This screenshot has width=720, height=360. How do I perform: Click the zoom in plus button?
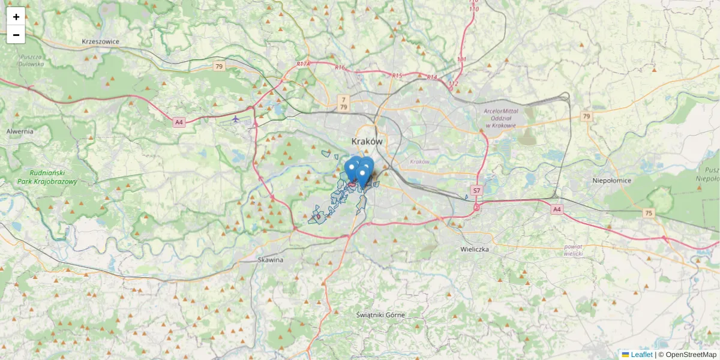[x=16, y=16]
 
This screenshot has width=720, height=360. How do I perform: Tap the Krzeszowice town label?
[x=101, y=41]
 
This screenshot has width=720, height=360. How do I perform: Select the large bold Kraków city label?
[x=367, y=141]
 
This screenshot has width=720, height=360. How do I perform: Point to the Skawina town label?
[x=270, y=260]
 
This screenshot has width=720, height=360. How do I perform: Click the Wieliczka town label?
[x=475, y=248]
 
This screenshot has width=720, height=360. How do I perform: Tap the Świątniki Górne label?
[x=380, y=314]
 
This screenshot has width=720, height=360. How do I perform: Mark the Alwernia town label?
[x=20, y=131]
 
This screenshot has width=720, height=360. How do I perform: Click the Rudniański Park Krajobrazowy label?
[x=47, y=177]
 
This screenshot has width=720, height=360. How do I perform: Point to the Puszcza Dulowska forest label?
[x=31, y=60]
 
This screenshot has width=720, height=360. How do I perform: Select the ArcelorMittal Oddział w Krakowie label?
[x=501, y=117]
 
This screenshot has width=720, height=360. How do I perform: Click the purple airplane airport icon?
[x=236, y=119]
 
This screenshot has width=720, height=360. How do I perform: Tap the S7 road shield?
[x=476, y=191]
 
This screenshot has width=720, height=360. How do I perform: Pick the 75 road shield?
[x=649, y=213]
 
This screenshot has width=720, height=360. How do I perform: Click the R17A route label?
[x=303, y=64]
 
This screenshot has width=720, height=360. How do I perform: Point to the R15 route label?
[x=397, y=75]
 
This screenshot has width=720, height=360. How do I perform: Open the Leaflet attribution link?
[x=641, y=355]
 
